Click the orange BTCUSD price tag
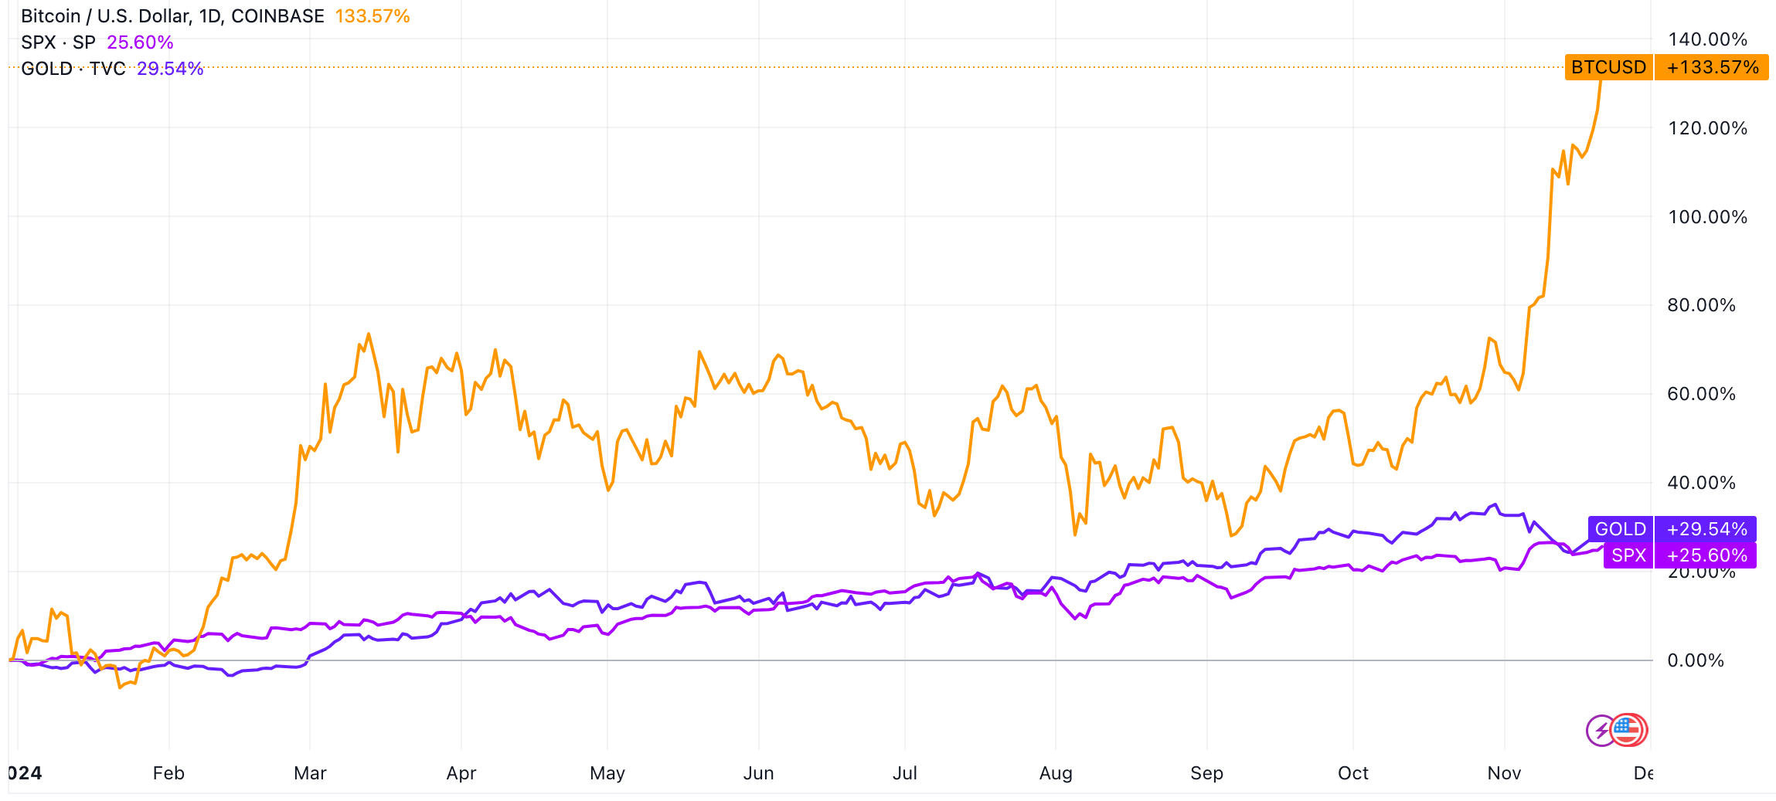coord(1608,67)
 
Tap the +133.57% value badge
coord(1712,67)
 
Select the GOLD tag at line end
coord(1620,529)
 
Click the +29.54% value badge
coord(1706,529)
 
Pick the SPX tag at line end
coord(1628,555)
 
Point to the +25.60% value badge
coord(1706,555)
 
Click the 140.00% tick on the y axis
coord(1707,39)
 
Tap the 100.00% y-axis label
coord(1707,217)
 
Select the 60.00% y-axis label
coord(1701,394)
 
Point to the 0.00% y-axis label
coord(1696,660)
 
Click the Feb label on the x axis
coord(168,773)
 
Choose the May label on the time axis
coord(607,773)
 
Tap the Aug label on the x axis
coord(1056,773)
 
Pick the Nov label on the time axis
coord(1504,773)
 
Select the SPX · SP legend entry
coord(59,42)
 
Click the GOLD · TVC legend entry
coord(73,69)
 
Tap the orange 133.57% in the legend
coord(373,16)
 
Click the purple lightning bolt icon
coord(1600,730)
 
